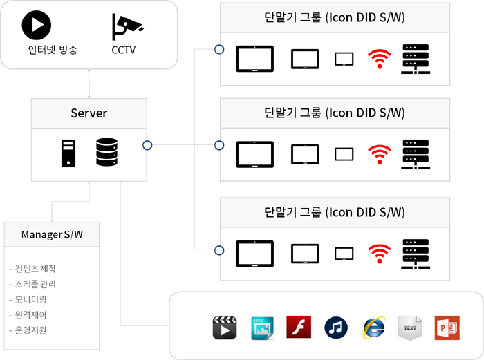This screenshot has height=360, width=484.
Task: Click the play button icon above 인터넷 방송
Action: (x=37, y=26)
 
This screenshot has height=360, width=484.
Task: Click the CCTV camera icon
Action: (x=126, y=26)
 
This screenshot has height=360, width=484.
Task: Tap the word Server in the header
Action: (x=89, y=113)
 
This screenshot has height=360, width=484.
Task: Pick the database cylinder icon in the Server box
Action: (x=106, y=153)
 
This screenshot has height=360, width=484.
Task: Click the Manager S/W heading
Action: (x=53, y=235)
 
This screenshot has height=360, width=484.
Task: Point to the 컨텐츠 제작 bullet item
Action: (x=35, y=269)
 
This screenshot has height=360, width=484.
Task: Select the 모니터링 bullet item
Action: (x=30, y=299)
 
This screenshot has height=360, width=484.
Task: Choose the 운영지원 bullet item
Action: (x=30, y=330)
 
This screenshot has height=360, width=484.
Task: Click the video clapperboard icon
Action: (x=225, y=327)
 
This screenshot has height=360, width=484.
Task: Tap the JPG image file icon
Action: (x=262, y=327)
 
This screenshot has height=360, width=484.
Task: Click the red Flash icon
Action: (x=299, y=327)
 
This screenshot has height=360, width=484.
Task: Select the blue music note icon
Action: (x=336, y=327)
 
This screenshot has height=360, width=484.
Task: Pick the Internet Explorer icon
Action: (x=373, y=328)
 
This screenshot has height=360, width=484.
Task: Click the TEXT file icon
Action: (x=410, y=327)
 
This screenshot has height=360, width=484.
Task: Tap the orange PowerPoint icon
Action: (x=447, y=327)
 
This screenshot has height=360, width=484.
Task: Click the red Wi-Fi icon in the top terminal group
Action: (x=378, y=59)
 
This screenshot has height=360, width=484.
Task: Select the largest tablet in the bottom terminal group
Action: (x=255, y=254)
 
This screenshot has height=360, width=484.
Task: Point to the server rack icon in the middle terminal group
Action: (x=415, y=157)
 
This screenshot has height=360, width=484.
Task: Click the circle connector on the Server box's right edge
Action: (x=147, y=145)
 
